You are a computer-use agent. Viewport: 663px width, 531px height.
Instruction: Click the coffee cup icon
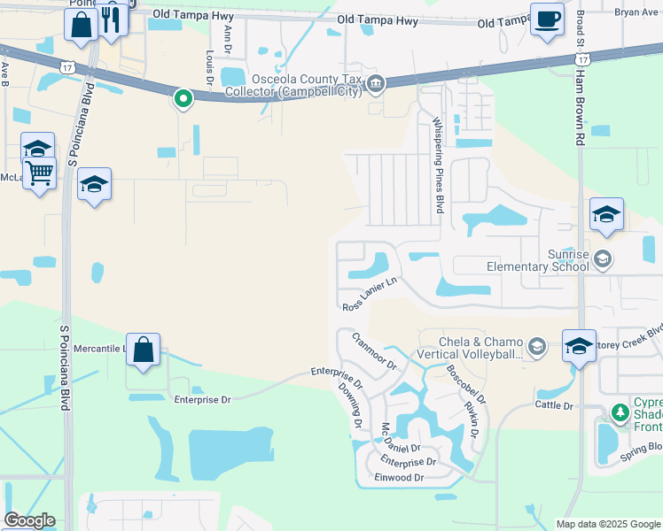[547, 19]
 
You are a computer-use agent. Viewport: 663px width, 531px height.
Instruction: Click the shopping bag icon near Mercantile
[143, 350]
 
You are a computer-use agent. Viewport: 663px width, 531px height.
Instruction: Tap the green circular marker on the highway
[183, 98]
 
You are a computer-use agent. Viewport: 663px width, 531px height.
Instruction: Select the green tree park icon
[620, 412]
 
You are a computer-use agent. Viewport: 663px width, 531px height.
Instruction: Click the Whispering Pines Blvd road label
[437, 165]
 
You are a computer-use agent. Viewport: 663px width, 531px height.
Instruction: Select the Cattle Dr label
[554, 405]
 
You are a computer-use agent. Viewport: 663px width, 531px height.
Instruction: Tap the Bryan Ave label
[638, 12]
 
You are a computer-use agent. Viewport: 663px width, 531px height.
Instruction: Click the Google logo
[29, 520]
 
